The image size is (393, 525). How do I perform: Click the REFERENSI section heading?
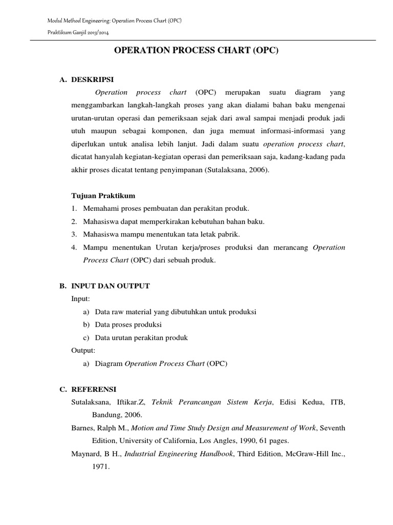94,390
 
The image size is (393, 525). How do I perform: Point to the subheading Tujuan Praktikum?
103,195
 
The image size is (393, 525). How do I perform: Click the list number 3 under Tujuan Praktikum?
74,234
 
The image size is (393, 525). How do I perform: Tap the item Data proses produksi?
128,325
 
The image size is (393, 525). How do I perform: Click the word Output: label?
83,351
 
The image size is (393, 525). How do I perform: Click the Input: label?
80,299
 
